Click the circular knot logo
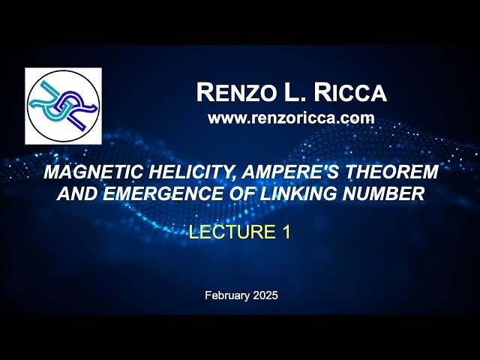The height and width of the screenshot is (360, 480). pyautogui.click(x=63, y=106)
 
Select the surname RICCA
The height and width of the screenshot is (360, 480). pyautogui.click(x=352, y=93)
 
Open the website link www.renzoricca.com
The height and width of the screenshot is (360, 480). pyautogui.click(x=290, y=118)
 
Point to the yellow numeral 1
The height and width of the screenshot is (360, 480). pyautogui.click(x=286, y=232)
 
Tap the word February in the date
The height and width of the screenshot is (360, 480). pyautogui.click(x=226, y=295)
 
